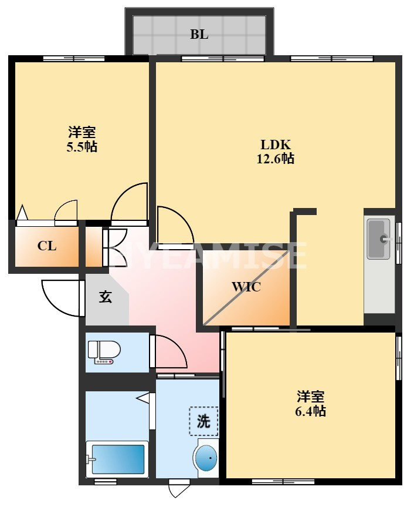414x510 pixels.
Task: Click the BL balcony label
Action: tap(199, 34)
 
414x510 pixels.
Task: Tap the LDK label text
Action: tap(276, 145)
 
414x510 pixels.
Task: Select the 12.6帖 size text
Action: tap(276, 159)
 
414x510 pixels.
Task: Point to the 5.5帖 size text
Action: tap(82, 146)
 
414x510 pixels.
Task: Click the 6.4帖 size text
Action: tap(311, 411)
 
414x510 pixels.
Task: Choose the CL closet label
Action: tap(47, 246)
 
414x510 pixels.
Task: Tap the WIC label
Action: tap(246, 287)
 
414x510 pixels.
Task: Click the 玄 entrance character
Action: tap(105, 297)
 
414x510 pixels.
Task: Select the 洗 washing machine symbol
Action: tap(203, 421)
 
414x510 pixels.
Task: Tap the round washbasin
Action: tap(205, 458)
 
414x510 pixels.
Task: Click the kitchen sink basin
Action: tap(378, 239)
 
